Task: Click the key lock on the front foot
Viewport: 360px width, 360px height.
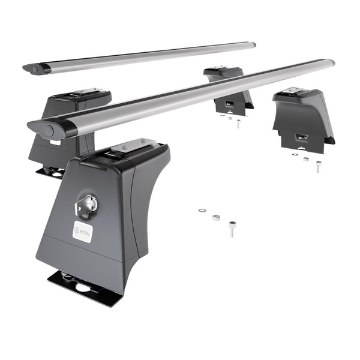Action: tap(85, 205)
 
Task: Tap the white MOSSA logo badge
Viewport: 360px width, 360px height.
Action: tap(83, 230)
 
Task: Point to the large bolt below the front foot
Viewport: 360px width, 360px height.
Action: tap(232, 229)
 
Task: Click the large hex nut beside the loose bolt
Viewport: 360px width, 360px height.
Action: tap(216, 217)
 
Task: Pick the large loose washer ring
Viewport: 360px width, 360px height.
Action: tap(202, 211)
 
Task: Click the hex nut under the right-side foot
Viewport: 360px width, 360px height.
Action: tap(306, 159)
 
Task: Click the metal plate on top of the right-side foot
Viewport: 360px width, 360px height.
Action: tap(294, 91)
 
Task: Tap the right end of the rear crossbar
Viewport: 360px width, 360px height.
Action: tap(253, 44)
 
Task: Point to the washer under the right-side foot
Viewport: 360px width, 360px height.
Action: tap(295, 155)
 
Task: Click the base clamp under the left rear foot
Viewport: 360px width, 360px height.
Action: tap(50, 172)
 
